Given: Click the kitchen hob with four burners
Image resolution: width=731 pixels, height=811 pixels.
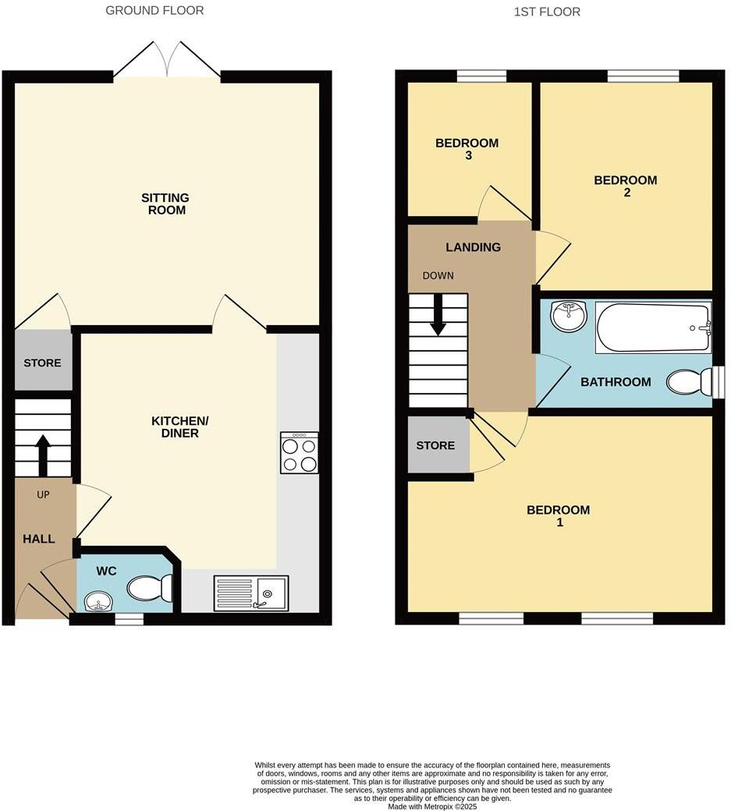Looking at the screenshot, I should [299, 453].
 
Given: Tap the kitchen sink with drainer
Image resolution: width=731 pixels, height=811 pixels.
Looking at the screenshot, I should [251, 593].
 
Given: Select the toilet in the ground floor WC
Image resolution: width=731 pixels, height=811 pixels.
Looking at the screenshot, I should [150, 587].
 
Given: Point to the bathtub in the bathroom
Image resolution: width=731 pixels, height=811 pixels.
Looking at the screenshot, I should [653, 328].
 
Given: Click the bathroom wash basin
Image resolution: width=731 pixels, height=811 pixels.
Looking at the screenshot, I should [568, 316].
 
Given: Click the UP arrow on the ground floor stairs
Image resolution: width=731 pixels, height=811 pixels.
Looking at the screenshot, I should [43, 455].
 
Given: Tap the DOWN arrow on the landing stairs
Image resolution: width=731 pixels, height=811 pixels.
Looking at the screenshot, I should [438, 314].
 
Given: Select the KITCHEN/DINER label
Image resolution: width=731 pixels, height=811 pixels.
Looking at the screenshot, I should [180, 427].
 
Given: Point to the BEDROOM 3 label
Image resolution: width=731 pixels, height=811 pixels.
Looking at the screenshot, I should [467, 149].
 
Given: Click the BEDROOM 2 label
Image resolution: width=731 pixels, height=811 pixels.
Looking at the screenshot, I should [626, 186].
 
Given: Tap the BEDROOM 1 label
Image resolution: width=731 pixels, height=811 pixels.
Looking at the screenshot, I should [559, 516].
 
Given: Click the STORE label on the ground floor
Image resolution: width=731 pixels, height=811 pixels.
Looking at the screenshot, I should [42, 363].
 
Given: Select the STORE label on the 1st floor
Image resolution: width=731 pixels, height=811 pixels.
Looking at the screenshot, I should [435, 445].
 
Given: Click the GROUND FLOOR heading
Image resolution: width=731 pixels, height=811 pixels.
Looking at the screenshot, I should [154, 11].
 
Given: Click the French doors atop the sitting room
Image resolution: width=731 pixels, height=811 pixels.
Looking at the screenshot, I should [168, 62].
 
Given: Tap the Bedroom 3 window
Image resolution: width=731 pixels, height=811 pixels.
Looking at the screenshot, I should [481, 76].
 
